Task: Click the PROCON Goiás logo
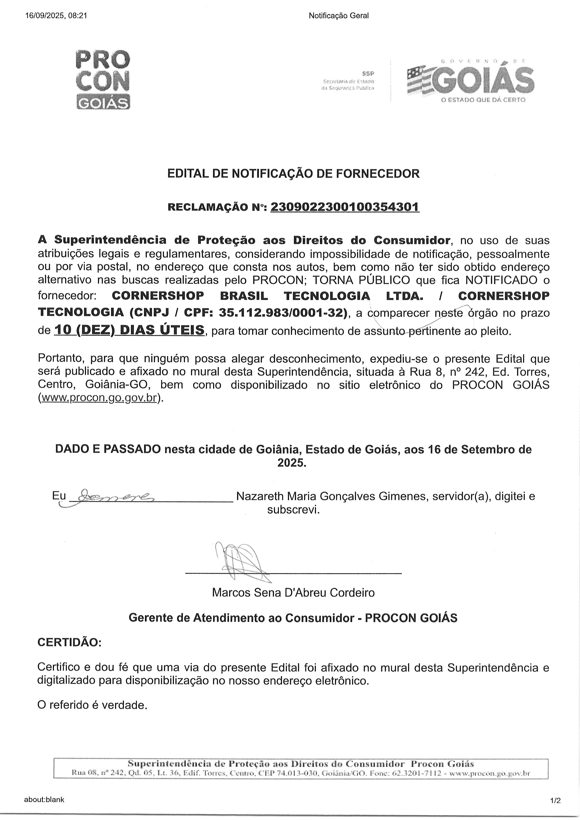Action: (103, 79)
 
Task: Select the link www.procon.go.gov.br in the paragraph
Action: (99, 398)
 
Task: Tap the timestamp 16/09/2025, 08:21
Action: (56, 16)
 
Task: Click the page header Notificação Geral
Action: (338, 16)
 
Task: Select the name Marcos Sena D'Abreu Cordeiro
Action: (293, 593)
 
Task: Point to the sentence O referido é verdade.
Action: (92, 705)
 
